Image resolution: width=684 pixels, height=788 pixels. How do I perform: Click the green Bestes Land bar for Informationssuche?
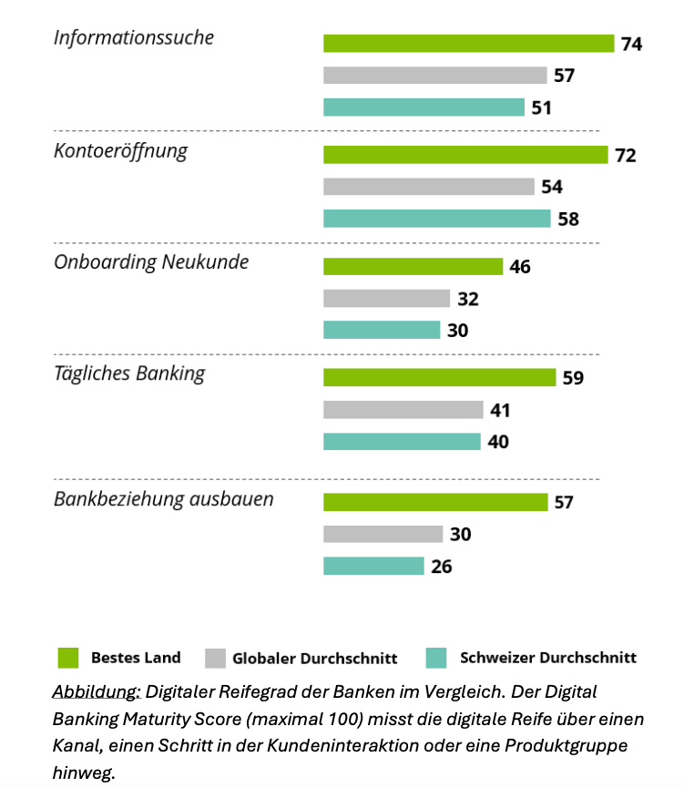point(468,43)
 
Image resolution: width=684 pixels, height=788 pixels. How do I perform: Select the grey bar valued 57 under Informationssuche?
point(434,76)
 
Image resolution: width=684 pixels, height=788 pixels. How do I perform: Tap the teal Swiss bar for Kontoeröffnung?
point(436,219)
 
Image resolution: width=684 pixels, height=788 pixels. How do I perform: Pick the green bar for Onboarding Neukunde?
point(413,267)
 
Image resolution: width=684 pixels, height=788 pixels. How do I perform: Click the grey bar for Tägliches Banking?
point(403,410)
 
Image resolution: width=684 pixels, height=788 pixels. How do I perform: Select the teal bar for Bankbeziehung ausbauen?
point(373,566)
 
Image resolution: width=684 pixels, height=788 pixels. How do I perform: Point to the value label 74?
point(631,43)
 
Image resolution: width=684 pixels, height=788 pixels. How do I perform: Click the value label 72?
point(625,155)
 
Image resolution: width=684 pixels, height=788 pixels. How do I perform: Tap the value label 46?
point(520,267)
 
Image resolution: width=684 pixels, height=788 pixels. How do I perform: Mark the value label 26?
point(442,566)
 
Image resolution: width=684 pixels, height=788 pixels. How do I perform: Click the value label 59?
point(573,377)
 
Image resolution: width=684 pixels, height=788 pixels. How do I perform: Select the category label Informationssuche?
point(134,37)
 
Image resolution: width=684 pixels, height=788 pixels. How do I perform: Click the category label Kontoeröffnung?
point(120,150)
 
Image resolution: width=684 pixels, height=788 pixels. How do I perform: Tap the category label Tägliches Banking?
point(129,373)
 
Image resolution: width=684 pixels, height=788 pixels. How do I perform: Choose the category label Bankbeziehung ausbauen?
point(164,499)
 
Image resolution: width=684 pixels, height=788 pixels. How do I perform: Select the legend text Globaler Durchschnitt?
point(315,658)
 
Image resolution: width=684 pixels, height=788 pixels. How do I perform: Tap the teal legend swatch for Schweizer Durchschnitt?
point(436,658)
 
